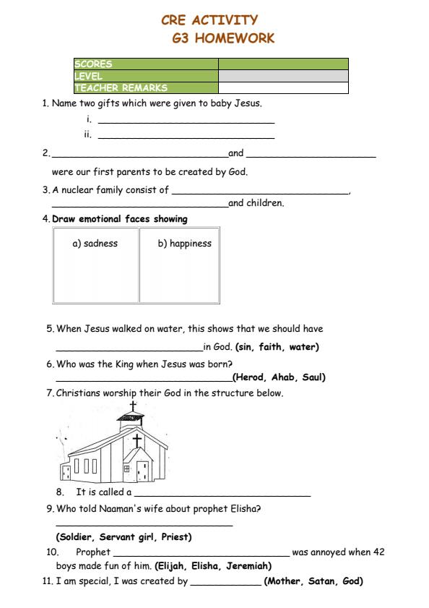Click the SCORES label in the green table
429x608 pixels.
(93, 64)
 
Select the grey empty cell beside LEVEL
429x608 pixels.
(283, 76)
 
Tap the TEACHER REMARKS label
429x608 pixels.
(121, 88)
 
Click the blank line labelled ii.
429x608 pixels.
(186, 136)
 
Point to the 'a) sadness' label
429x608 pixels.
(95, 244)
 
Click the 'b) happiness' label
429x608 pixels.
(184, 244)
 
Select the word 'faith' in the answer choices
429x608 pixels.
(270, 347)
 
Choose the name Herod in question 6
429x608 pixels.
(250, 377)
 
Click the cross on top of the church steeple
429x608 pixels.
(132, 406)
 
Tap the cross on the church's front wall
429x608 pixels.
(136, 440)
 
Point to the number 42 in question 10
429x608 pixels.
(378, 552)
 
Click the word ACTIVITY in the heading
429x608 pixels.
(223, 20)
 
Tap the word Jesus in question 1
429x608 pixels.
(246, 103)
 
